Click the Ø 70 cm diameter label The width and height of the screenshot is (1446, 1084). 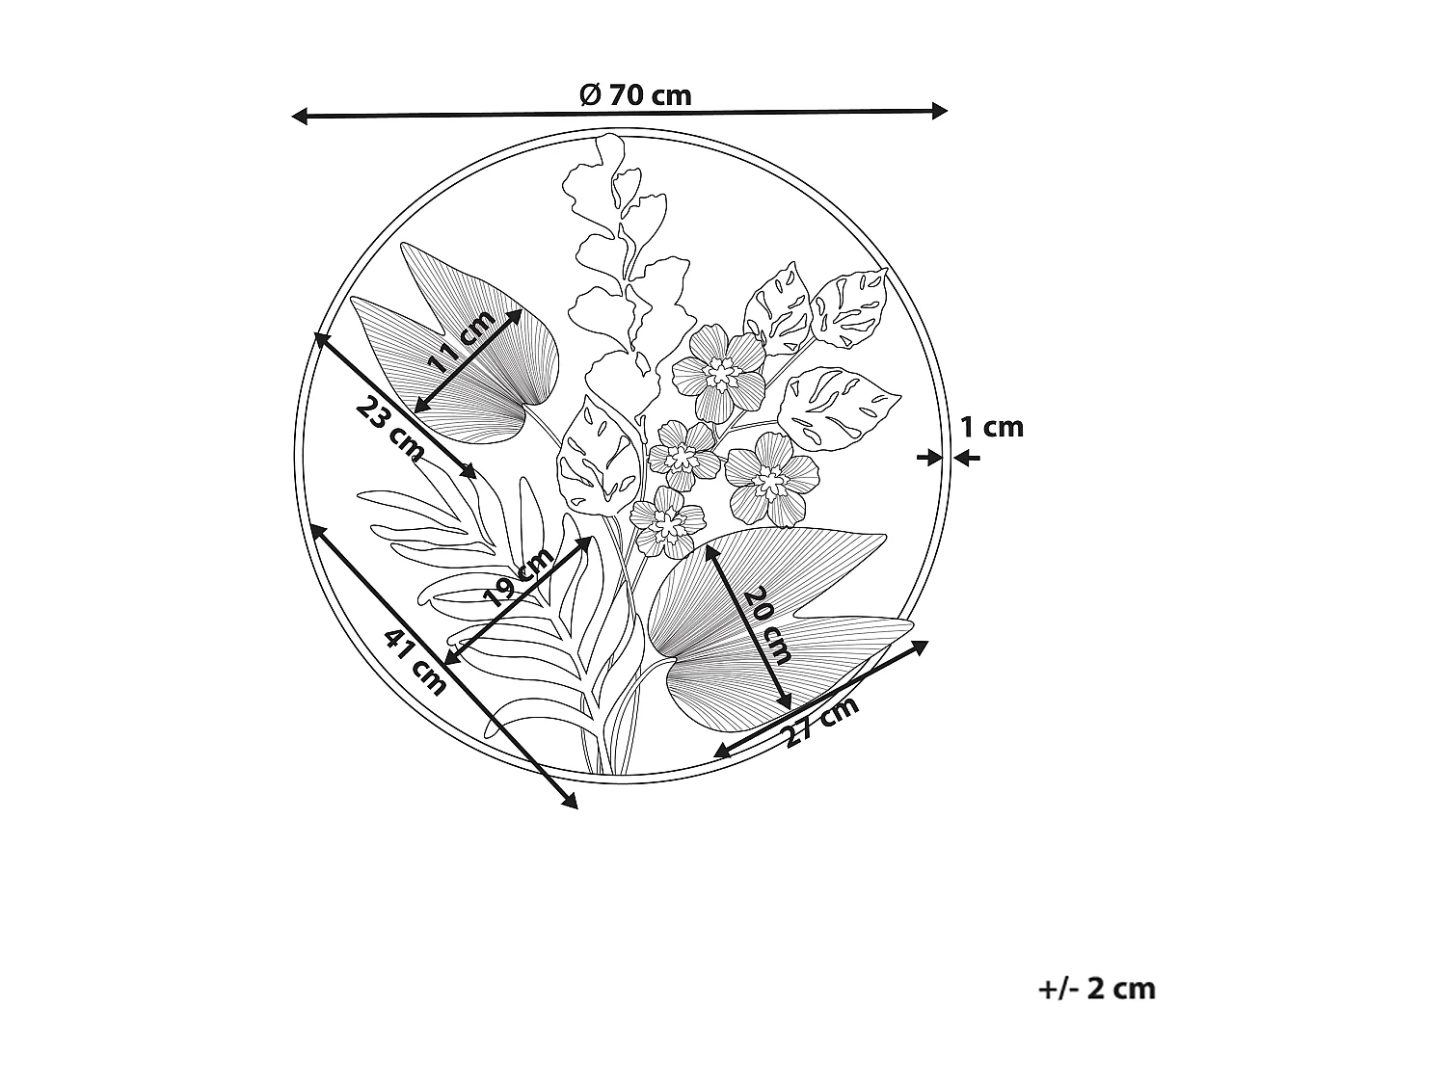(635, 94)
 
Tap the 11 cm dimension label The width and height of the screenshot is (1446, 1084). (461, 342)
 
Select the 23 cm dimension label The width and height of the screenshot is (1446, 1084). (389, 428)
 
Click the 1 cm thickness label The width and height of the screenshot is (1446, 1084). (992, 427)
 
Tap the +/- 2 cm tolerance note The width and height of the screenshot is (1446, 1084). (1097, 989)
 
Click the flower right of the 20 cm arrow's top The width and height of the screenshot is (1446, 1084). (771, 477)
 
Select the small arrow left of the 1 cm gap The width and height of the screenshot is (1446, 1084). (929, 458)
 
